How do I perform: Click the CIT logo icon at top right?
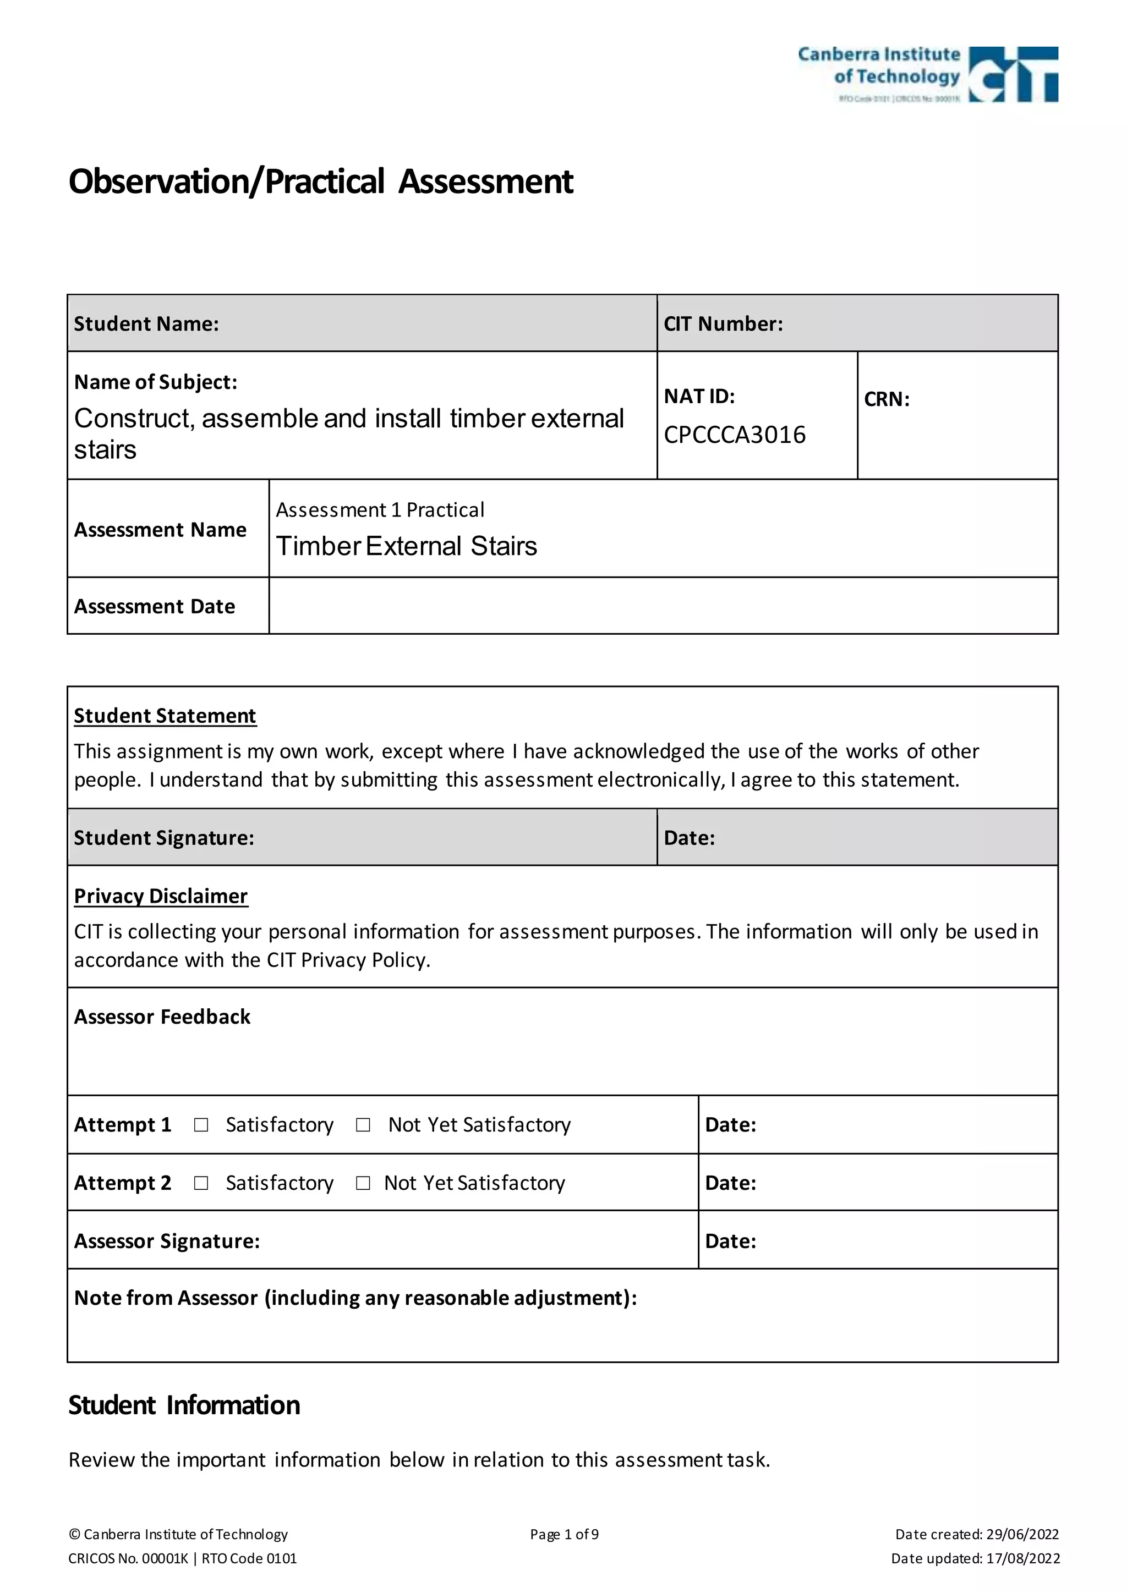(1013, 74)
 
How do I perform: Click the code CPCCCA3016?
(734, 435)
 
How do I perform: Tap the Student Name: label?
(146, 324)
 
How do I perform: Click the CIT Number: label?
(723, 324)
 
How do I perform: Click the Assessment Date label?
(155, 606)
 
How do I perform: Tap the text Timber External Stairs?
(407, 546)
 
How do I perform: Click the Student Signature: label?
(165, 838)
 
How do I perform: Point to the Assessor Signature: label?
(167, 1242)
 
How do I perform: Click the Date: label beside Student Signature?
(689, 838)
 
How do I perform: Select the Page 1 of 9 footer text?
(564, 1534)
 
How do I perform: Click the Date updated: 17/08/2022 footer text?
(975, 1558)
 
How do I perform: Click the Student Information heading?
(184, 1405)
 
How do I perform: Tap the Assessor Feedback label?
(162, 1017)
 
